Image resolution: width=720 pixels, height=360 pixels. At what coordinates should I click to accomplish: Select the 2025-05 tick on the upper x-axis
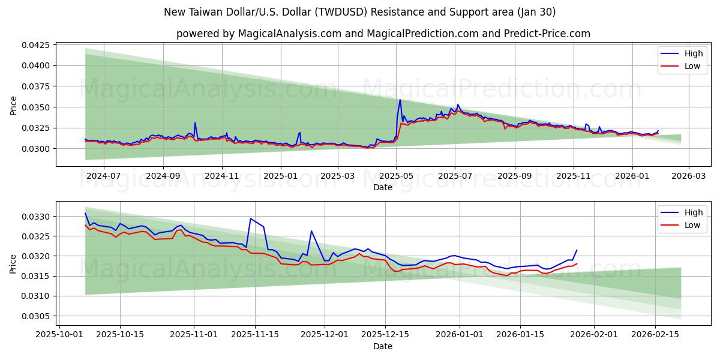[395, 176]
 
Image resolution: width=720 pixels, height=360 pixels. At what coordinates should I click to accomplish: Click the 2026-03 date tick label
[688, 176]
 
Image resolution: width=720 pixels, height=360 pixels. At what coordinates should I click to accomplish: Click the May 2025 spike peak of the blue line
[400, 100]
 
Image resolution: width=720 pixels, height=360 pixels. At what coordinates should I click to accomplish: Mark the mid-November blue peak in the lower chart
[250, 218]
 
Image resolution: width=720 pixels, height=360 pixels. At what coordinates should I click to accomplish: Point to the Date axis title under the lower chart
[383, 346]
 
